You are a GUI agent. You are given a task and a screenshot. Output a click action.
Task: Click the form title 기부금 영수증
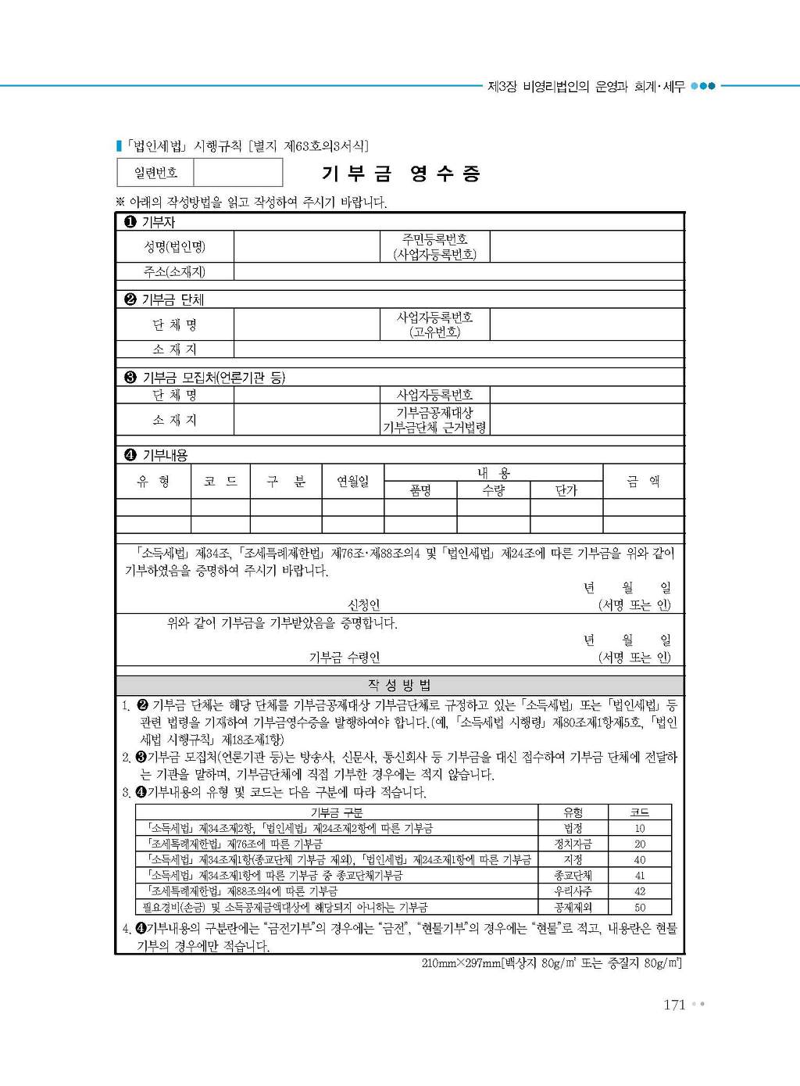point(401,174)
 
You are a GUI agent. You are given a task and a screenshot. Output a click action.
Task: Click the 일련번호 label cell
point(155,173)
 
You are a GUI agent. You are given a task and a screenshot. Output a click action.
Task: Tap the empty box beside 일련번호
point(237,173)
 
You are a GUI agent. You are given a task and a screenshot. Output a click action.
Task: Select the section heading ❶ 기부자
point(150,222)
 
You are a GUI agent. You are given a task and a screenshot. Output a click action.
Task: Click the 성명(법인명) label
point(174,247)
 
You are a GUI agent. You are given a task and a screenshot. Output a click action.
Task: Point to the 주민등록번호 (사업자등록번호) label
point(434,247)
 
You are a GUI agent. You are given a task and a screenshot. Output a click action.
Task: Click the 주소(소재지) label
point(174,272)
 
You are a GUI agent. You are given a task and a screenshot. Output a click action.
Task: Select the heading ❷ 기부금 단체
point(164,299)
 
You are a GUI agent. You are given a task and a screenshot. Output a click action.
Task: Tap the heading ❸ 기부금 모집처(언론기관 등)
point(205,378)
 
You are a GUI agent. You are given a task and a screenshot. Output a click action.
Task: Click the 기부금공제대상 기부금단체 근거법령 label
point(434,420)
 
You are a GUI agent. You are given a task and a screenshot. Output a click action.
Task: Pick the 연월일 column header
point(352,482)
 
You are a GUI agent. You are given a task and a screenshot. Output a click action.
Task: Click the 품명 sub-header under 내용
point(420,491)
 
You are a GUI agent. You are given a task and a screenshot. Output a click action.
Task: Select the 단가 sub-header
point(566,491)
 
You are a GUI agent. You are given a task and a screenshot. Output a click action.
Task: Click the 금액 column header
point(643,482)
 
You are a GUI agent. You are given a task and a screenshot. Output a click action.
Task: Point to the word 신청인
point(363,604)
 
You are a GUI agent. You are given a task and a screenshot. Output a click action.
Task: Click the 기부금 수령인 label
point(345,658)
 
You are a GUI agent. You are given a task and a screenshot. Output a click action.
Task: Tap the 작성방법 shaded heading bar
point(399,686)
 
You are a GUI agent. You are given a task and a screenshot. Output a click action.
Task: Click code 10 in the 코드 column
point(640,829)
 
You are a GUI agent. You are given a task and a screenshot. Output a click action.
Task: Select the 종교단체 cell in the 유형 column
point(573,876)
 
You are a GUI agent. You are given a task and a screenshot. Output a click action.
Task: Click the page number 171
point(673,1005)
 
